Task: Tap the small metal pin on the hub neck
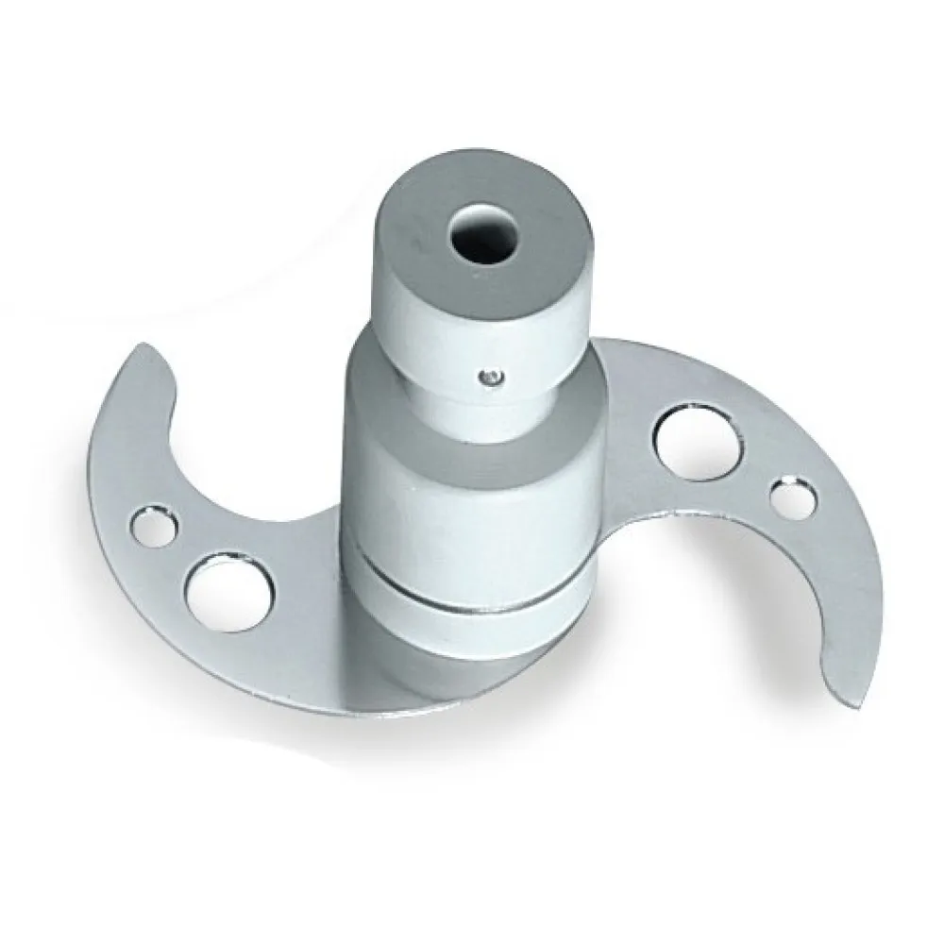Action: click(488, 378)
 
